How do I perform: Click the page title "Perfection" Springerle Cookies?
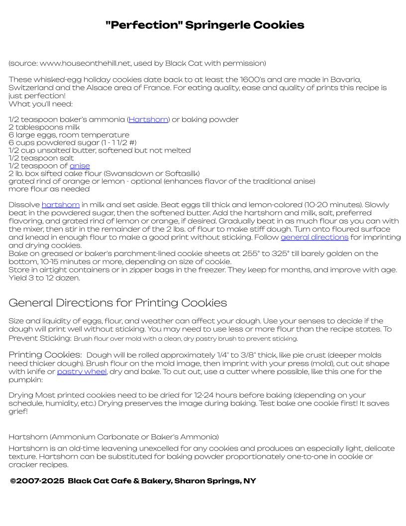click(x=204, y=25)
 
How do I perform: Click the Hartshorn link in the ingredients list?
click(x=148, y=120)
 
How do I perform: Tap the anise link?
click(x=80, y=166)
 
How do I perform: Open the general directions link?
click(x=314, y=237)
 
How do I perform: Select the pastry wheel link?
click(x=82, y=372)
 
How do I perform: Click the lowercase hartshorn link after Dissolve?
click(x=61, y=205)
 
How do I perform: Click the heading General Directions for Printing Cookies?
click(x=117, y=303)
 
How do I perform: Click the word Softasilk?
click(x=181, y=173)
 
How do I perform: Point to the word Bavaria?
click(x=345, y=80)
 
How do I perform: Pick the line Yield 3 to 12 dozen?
click(x=44, y=278)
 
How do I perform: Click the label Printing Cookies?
click(x=45, y=355)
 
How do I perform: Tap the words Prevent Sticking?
click(x=40, y=338)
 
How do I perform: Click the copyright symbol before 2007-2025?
click(x=13, y=481)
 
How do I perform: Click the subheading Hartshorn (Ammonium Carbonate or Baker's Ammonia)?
click(x=113, y=437)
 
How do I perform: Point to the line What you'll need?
click(x=40, y=104)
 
